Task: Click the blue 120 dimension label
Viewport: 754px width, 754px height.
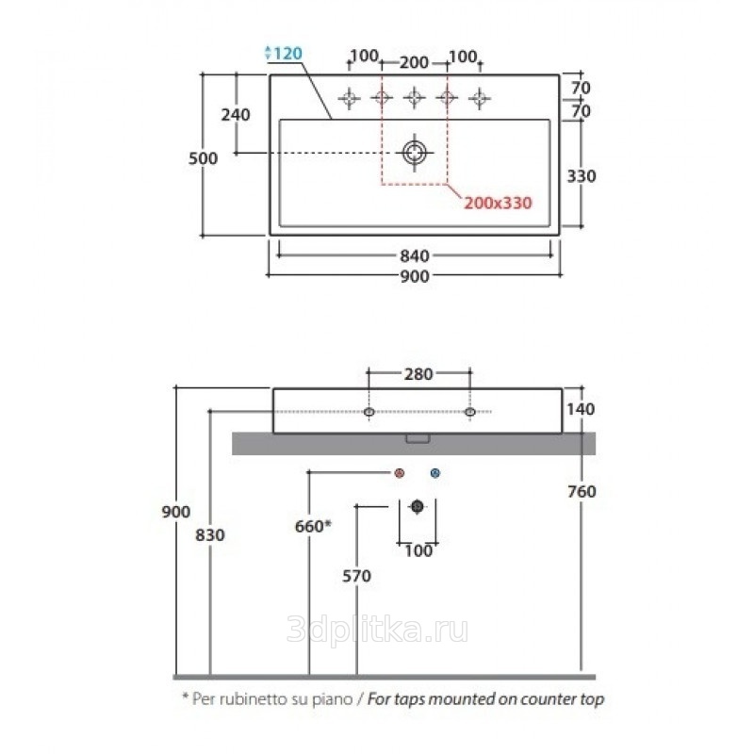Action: pyautogui.click(x=287, y=53)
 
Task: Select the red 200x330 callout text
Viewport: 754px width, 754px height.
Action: pyautogui.click(x=498, y=203)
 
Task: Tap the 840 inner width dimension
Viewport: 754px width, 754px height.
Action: pyautogui.click(x=415, y=255)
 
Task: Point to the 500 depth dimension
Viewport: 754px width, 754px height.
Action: pyautogui.click(x=203, y=158)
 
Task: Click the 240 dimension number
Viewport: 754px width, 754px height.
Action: pyautogui.click(x=236, y=115)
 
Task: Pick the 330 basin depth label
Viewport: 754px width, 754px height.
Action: pyautogui.click(x=582, y=176)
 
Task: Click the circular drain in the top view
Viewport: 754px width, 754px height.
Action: pyautogui.click(x=415, y=153)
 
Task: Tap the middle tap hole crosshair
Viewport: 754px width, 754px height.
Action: pyautogui.click(x=414, y=98)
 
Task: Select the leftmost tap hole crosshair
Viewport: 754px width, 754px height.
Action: pyautogui.click(x=349, y=99)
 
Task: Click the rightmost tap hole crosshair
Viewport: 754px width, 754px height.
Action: pyautogui.click(x=480, y=99)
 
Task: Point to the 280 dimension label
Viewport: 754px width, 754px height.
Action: pyautogui.click(x=418, y=374)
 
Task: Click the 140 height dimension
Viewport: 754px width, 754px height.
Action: pyautogui.click(x=581, y=409)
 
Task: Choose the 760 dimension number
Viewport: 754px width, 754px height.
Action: pyautogui.click(x=582, y=491)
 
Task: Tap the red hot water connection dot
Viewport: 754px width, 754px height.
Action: pyautogui.click(x=399, y=473)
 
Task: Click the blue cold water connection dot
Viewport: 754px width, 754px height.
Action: pyautogui.click(x=435, y=473)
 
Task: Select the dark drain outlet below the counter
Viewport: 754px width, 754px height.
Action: pyautogui.click(x=418, y=506)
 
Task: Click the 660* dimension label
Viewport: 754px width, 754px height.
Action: pyautogui.click(x=313, y=526)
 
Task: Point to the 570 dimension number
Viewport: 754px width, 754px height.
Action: pyautogui.click(x=357, y=576)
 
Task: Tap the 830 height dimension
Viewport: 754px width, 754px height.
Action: pyautogui.click(x=210, y=535)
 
